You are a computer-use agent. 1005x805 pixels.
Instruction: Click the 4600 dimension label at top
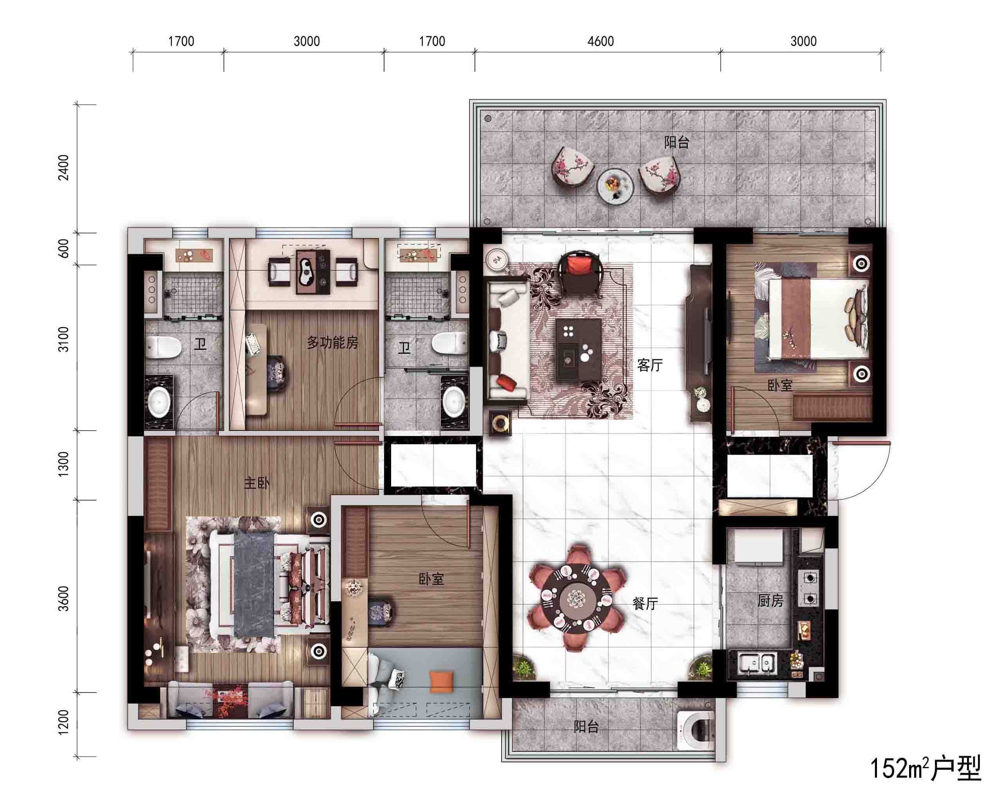point(601,42)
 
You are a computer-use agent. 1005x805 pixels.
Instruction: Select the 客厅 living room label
point(650,365)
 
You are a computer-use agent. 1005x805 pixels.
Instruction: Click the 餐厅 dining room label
point(645,604)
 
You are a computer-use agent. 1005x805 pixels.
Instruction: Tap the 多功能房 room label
point(332,342)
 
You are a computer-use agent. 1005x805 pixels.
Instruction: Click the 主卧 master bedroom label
point(257,483)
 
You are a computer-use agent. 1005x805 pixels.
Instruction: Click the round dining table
point(577,597)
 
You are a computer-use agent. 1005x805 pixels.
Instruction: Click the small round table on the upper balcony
point(615,186)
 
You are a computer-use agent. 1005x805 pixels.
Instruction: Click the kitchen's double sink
point(758,662)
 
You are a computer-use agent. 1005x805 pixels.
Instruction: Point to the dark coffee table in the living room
point(579,350)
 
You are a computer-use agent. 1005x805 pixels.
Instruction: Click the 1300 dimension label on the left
point(63,464)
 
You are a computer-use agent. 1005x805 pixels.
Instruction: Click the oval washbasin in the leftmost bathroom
point(159,403)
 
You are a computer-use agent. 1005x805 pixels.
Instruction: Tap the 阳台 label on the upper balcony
point(677,142)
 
